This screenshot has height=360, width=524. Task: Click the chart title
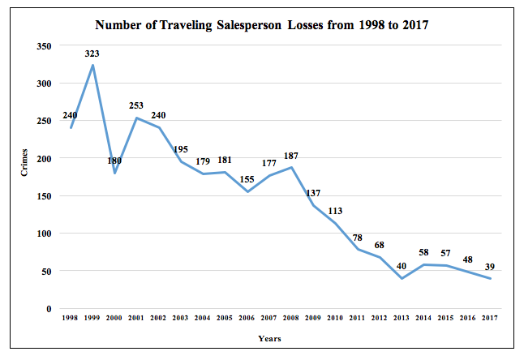pyautogui.click(x=262, y=25)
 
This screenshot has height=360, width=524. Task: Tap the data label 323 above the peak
pyautogui.click(x=93, y=54)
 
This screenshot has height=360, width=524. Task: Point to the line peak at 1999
pyautogui.click(x=93, y=65)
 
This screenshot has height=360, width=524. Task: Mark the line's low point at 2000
pyautogui.click(x=116, y=173)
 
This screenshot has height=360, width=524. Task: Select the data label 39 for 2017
pyautogui.click(x=489, y=267)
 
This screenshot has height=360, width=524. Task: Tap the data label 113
pyautogui.click(x=334, y=211)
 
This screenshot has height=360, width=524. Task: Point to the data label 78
pyautogui.click(x=358, y=237)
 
